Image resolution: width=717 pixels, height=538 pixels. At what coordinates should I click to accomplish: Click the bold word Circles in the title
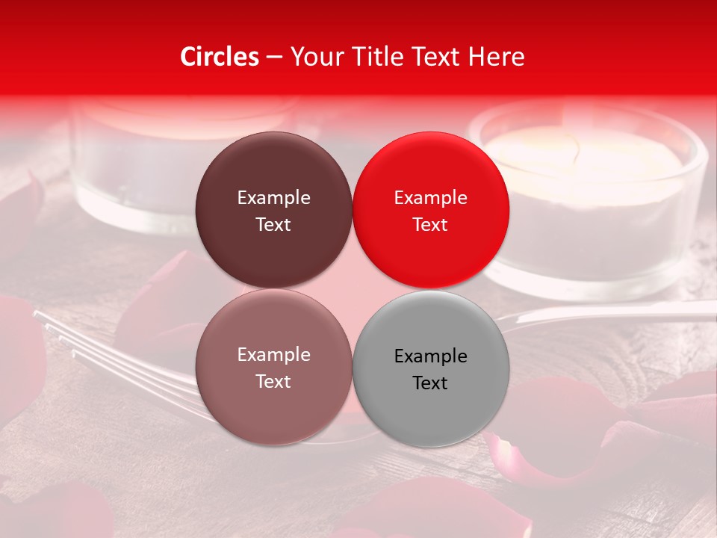coord(219,57)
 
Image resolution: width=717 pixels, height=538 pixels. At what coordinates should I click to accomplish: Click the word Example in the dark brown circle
coord(273,197)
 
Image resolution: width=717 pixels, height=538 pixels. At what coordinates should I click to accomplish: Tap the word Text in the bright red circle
coord(430,224)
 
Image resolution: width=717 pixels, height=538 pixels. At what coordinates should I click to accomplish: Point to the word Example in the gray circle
coord(430,356)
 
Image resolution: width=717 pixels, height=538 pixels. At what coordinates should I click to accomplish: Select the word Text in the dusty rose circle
coord(273,381)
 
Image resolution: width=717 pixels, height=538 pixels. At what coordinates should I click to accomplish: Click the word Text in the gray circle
coord(430,383)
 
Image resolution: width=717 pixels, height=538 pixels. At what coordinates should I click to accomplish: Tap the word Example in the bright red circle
coord(430,197)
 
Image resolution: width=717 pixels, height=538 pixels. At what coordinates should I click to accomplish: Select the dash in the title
coord(274,57)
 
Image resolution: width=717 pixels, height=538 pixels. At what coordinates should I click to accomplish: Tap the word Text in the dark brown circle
coord(273,224)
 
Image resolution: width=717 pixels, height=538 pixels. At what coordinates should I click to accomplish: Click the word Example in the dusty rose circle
coord(273,354)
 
